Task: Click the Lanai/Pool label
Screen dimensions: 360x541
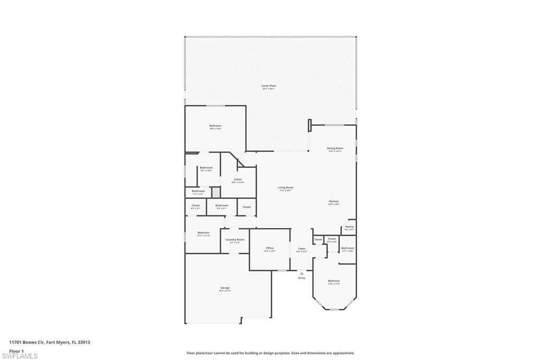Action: (269, 86)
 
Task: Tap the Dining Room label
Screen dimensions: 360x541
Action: (335, 148)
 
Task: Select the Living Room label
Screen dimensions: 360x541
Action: (286, 187)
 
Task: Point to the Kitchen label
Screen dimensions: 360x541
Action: (333, 201)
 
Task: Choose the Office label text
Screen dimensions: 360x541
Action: (269, 248)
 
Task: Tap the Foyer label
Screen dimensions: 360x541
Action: (302, 249)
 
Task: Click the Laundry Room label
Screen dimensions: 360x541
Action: (235, 240)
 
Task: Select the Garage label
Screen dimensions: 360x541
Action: (225, 288)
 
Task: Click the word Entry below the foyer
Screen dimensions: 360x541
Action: (302, 278)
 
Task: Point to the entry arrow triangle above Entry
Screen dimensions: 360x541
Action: (302, 273)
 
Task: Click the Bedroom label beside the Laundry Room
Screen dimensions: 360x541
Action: (203, 233)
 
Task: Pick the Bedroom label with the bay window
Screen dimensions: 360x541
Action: (333, 281)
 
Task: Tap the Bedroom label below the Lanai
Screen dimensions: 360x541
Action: (215, 126)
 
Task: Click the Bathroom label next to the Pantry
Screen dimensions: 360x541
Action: (347, 248)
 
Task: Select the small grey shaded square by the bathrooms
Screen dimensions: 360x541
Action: (216, 192)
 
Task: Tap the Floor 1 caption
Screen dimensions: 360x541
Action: (16, 350)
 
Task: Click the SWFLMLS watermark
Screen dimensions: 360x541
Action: (20, 356)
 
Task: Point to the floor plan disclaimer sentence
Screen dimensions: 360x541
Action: (270, 353)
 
